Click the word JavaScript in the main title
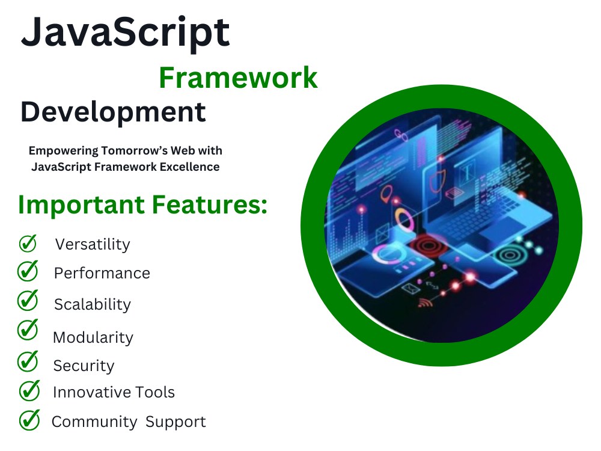(125, 33)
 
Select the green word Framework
(238, 78)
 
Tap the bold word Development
(113, 112)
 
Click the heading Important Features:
(142, 205)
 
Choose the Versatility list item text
(93, 244)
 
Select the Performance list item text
(102, 273)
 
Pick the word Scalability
(93, 304)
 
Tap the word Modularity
(93, 337)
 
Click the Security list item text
(84, 366)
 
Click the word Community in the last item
(94, 422)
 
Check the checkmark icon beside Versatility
(28, 243)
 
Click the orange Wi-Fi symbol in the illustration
(426, 302)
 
